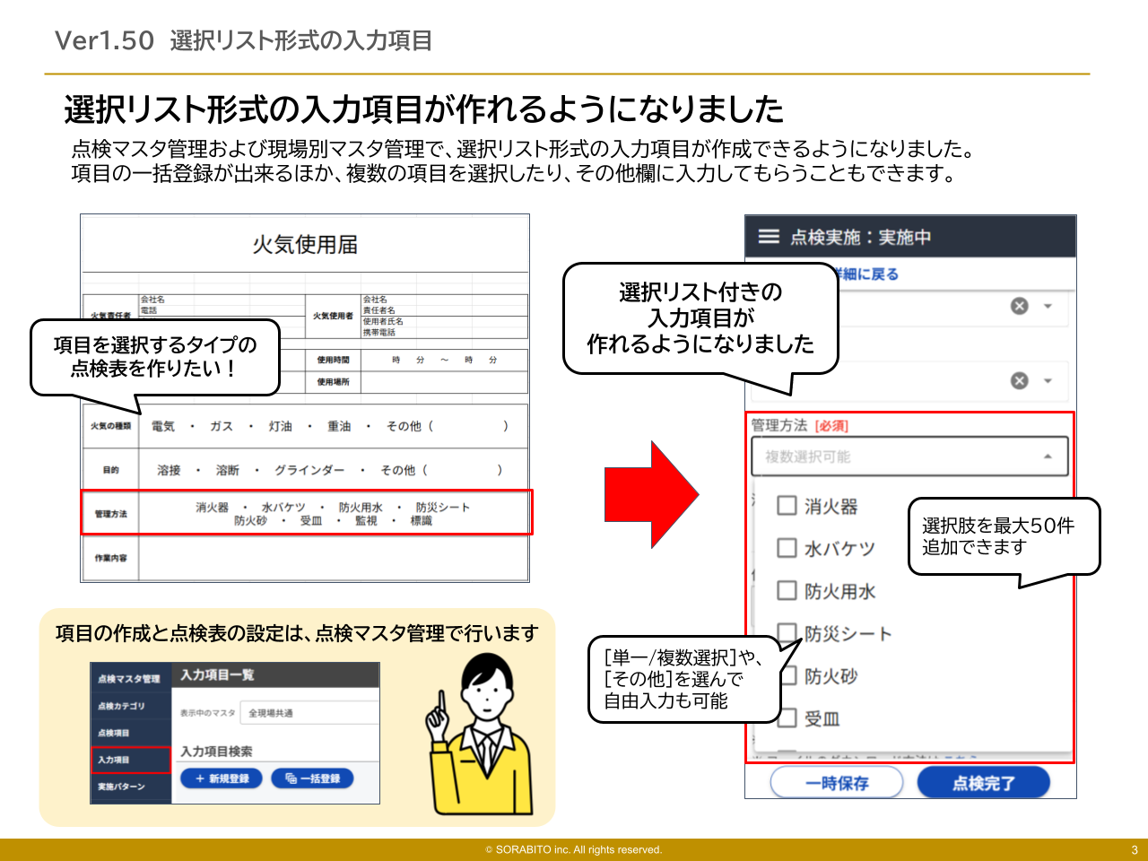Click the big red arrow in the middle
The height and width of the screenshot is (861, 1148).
click(650, 494)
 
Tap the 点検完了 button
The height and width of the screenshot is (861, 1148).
click(983, 783)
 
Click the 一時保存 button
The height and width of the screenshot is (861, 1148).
click(837, 783)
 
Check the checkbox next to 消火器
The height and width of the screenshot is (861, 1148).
click(787, 506)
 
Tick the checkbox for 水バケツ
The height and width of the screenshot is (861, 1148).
click(787, 548)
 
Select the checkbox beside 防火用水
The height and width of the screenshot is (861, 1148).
click(787, 590)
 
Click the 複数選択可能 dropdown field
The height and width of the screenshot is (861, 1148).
click(909, 457)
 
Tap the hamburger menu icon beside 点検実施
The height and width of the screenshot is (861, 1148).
click(769, 237)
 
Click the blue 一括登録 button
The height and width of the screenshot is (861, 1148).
click(312, 778)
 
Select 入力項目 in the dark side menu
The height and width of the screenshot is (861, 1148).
click(130, 760)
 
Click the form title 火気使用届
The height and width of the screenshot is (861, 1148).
click(305, 245)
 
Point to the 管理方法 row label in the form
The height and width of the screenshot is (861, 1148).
click(111, 514)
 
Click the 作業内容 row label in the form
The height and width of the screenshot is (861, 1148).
click(111, 558)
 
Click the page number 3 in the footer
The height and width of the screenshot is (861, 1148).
click(1134, 850)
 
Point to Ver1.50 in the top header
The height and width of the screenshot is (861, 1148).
click(104, 40)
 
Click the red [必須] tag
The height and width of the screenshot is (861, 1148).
click(831, 426)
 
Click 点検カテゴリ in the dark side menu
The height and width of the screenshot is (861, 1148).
click(121, 706)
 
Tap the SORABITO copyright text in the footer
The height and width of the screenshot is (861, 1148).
click(574, 850)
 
